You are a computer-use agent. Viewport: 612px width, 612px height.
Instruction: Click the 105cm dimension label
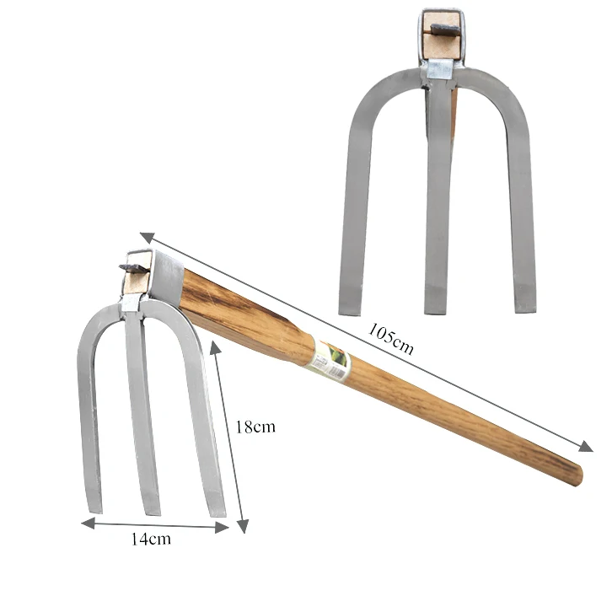[x=390, y=337]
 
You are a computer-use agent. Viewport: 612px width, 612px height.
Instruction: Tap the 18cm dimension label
[x=255, y=427]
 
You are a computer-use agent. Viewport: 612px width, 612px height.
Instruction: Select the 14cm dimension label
[x=149, y=540]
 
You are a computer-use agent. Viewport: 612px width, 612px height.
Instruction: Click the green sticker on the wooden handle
[x=331, y=358]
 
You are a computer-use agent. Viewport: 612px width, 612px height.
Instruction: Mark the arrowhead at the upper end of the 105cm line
[x=146, y=237]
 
